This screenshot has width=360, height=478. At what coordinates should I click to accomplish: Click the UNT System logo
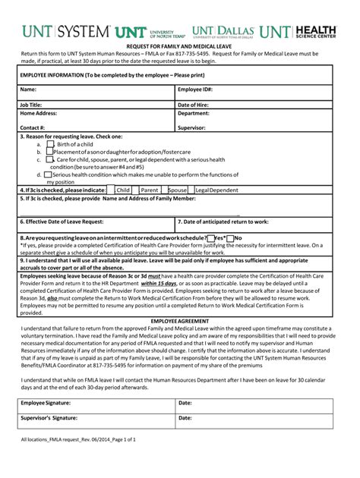tap(66, 32)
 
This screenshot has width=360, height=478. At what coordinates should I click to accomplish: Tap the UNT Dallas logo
tap(223, 31)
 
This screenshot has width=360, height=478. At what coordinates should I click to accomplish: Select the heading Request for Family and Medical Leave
tap(179, 46)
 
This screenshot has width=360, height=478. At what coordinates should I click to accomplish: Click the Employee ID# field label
tap(194, 90)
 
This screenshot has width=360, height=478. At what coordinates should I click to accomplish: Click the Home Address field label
tap(39, 113)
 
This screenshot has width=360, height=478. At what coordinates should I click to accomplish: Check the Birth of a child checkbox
tap(50, 143)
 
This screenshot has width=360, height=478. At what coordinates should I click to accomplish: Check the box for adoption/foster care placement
tap(50, 152)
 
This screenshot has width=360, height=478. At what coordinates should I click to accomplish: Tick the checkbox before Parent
tap(137, 190)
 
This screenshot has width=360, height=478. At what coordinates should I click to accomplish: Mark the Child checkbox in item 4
tap(112, 190)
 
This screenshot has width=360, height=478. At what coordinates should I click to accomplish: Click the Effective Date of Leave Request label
tap(62, 222)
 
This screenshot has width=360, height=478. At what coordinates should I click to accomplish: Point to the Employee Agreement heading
tap(179, 322)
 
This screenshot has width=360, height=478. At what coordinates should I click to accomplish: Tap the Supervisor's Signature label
tap(49, 418)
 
